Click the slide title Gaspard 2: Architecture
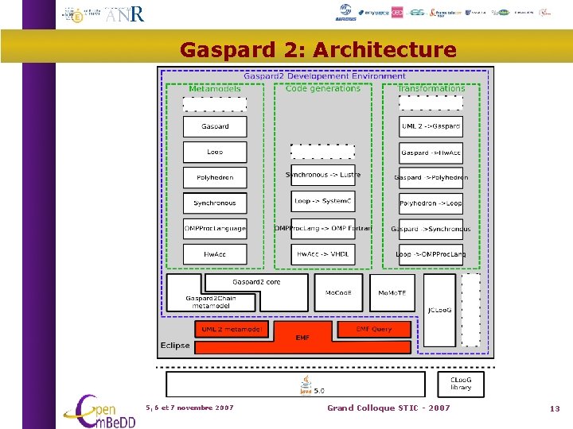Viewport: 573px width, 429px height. coord(318,51)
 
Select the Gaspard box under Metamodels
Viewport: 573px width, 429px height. coord(215,126)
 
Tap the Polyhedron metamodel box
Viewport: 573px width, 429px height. coord(215,177)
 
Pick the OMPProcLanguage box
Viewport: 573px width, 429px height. coord(215,229)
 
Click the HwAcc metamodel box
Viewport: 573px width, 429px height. coord(215,254)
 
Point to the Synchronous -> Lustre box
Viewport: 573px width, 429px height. coord(322,175)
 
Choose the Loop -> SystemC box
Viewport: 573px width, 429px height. coord(322,201)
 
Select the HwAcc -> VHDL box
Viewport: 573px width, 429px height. coord(322,254)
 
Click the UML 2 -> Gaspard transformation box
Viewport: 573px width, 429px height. coord(431,126)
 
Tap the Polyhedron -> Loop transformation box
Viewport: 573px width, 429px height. coord(431,203)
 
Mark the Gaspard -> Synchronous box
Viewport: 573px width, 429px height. coord(431,229)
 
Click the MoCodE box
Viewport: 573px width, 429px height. coord(338,292)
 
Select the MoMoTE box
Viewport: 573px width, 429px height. coord(392,292)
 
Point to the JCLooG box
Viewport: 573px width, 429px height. coord(439,310)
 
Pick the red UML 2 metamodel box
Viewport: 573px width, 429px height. coord(232,328)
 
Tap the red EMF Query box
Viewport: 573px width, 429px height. coord(374,328)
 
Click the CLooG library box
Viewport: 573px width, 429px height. coord(460,384)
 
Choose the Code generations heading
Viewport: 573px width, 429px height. coord(322,88)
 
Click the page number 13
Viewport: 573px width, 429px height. coord(555,408)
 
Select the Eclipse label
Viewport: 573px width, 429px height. coord(175,345)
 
